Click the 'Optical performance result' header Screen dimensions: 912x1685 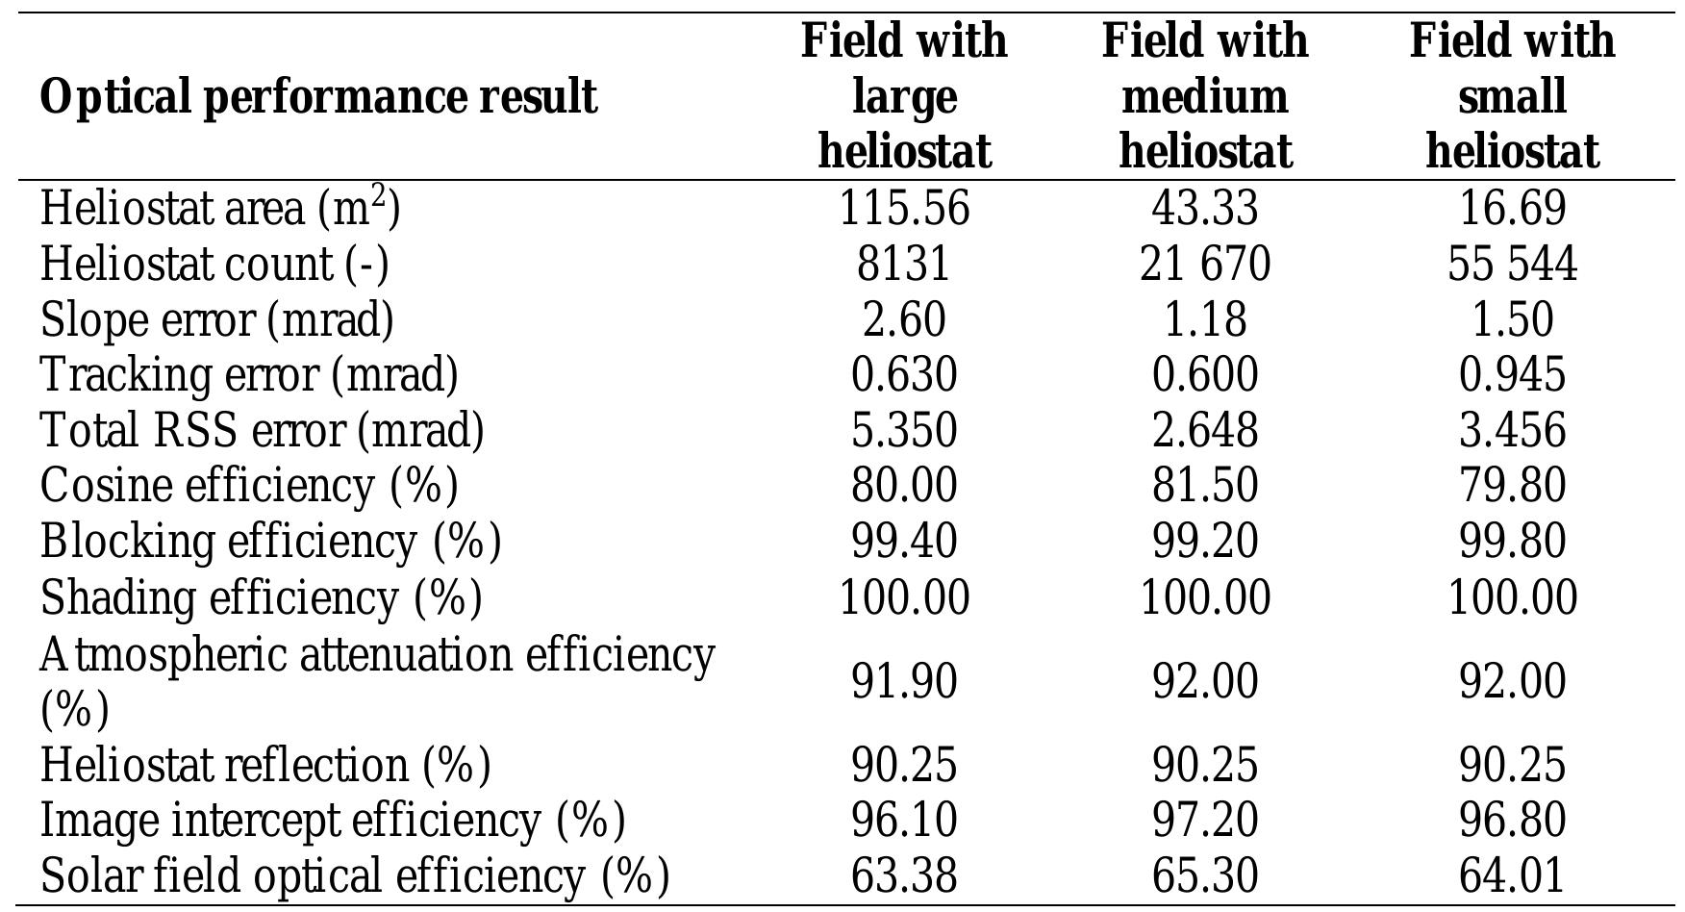318,97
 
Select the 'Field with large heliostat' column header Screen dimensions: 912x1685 903,96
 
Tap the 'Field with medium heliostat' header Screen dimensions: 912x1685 1204,96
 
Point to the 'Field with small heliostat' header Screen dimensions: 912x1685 1512,96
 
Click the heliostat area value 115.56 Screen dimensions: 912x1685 903,209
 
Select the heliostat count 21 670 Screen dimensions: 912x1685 1204,265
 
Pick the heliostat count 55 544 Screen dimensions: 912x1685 1512,265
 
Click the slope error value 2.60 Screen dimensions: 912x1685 903,319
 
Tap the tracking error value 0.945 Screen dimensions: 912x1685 1512,374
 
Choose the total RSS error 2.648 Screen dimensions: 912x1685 1204,430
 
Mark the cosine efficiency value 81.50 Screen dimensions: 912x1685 1204,485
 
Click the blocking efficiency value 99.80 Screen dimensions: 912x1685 1512,541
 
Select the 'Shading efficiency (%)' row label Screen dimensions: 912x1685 261,597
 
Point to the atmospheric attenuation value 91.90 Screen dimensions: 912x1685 903,682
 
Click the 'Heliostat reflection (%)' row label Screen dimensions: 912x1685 265,766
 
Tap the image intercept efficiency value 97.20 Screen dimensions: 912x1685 1204,821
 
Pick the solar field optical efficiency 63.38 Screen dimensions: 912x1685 903,876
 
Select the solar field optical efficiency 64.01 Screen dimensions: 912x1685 1512,876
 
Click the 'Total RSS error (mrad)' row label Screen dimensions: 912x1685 262,430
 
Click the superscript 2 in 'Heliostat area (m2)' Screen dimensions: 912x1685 379,196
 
